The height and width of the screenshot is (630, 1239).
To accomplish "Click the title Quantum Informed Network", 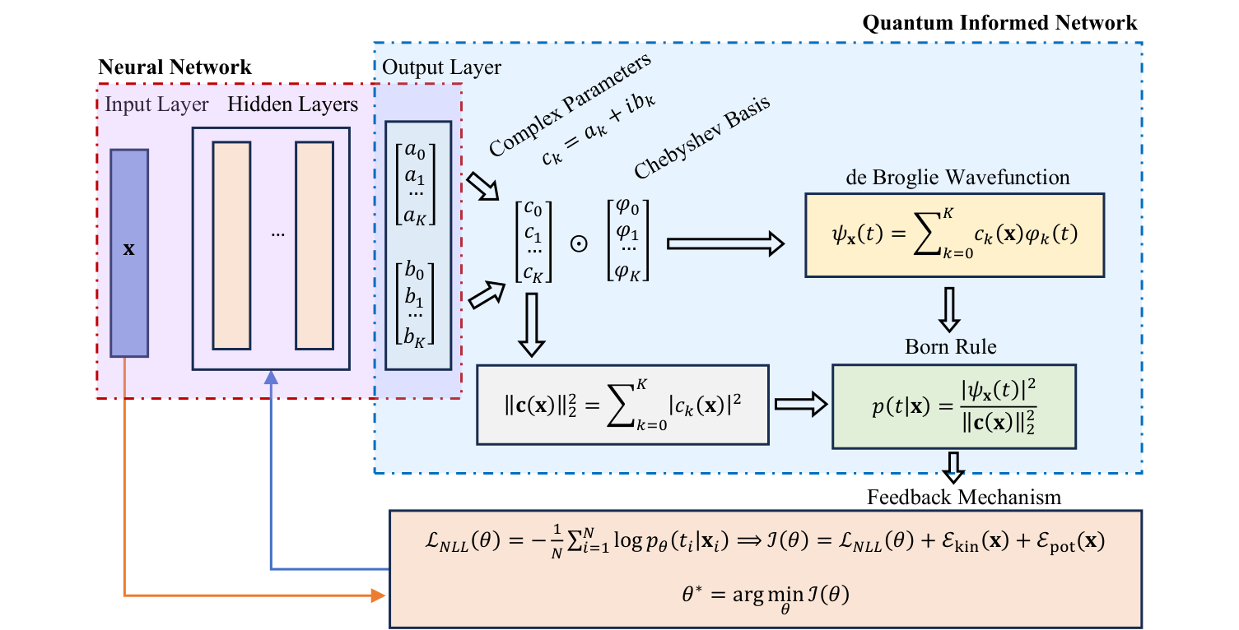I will pos(1000,21).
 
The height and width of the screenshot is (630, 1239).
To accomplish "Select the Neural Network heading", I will pos(175,67).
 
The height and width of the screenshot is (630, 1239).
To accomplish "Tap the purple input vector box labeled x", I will pos(129,252).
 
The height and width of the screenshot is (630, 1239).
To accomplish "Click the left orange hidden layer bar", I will pos(231,246).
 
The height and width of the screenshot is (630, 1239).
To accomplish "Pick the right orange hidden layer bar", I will pos(314,246).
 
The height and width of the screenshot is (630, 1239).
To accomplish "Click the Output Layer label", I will pos(441,67).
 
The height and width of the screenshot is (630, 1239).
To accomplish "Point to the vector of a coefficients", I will pos(415,183).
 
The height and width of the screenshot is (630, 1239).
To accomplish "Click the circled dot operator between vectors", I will pos(580,244).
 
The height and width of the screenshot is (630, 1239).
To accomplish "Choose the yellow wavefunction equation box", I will pos(954,235).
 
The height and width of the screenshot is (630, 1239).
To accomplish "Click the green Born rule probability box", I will pos(954,405).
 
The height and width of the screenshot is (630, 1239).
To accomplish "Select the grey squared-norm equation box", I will pos(622,405).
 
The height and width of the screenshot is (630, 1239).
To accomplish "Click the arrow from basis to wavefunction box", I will pos(724,244).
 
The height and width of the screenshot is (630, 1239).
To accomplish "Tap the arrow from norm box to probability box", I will pos(799,405).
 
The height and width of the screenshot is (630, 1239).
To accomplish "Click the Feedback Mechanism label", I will pos(963,497).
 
